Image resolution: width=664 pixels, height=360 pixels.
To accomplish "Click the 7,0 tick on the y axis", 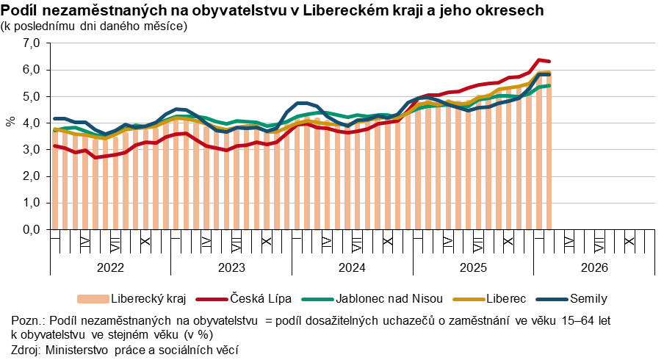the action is point(32,43).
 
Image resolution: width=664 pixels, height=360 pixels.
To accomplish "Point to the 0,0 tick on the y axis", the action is point(32,229).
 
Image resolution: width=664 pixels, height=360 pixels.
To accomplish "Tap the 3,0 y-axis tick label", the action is point(32,150).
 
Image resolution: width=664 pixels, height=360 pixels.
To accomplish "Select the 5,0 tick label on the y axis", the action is point(32,96).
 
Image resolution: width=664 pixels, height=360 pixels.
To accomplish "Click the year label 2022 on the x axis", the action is point(110,267).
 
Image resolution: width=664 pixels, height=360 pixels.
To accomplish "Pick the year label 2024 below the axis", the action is point(353,267).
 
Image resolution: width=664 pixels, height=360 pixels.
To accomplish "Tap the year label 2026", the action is point(594,267).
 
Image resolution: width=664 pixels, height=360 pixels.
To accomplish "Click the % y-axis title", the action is point(10,121).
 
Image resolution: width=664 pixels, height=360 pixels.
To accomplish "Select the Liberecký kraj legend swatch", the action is point(93,299).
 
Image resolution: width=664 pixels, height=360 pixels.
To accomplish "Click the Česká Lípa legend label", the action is point(261,298).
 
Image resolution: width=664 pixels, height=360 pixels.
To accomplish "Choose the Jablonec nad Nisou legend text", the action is point(389,298).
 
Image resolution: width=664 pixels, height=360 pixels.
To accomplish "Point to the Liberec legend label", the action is point(506,298).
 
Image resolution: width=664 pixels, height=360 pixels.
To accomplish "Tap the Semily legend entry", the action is point(588,298).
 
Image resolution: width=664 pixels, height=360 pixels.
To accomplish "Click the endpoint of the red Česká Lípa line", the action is point(549,62).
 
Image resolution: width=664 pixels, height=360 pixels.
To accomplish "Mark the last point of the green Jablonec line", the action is point(549,85).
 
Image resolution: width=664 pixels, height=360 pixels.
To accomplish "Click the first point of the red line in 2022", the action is point(54,146).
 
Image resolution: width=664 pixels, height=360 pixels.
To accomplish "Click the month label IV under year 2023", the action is point(206,242).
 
